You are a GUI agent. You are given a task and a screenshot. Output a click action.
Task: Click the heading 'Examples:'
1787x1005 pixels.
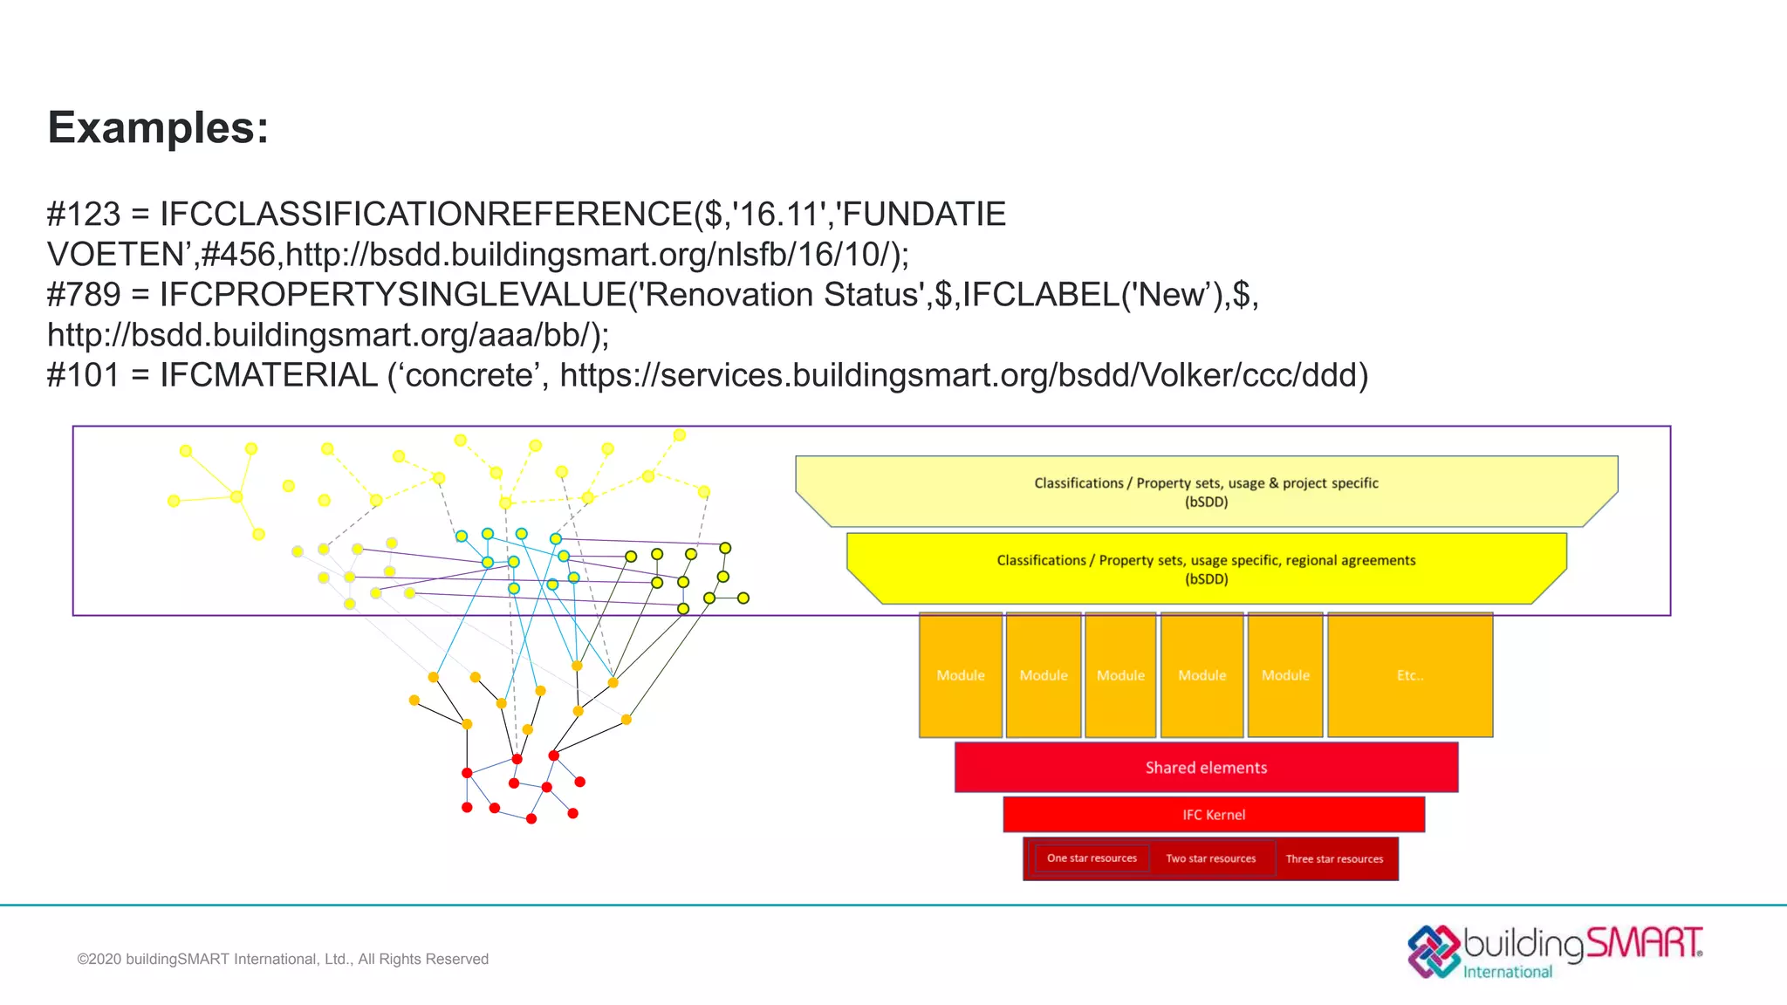pyautogui.click(x=158, y=128)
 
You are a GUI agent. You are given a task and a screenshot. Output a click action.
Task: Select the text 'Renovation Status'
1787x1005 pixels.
pyautogui.click(x=782, y=295)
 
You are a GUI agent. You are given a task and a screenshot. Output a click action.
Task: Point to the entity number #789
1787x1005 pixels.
pyautogui.click(x=84, y=295)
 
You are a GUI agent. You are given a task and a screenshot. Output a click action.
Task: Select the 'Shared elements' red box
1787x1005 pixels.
pyautogui.click(x=1206, y=768)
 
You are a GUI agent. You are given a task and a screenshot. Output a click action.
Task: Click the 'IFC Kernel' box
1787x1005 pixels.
pyautogui.click(x=1213, y=815)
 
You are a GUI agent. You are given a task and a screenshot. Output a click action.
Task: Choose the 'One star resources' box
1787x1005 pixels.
pyautogui.click(x=1092, y=858)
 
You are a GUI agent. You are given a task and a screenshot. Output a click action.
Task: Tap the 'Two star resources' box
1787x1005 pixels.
pyautogui.click(x=1211, y=859)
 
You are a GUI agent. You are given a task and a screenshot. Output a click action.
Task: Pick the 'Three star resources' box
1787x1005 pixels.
pyautogui.click(x=1334, y=859)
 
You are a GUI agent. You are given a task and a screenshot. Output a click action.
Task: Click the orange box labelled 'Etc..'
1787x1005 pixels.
pyautogui.click(x=1409, y=675)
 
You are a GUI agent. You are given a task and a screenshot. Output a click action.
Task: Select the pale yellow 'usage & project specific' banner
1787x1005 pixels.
pyautogui.click(x=1206, y=491)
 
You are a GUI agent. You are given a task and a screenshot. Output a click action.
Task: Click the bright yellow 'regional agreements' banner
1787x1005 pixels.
pyautogui.click(x=1206, y=569)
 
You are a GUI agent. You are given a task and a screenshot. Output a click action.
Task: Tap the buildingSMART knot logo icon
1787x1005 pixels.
pyautogui.click(x=1433, y=951)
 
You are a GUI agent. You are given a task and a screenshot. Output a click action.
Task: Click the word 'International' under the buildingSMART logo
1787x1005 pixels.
pyautogui.click(x=1508, y=972)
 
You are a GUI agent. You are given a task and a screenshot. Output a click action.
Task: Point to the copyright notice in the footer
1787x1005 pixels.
pyautogui.click(x=283, y=960)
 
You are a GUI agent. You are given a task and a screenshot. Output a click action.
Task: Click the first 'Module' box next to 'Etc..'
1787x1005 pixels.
pyautogui.click(x=1285, y=675)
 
